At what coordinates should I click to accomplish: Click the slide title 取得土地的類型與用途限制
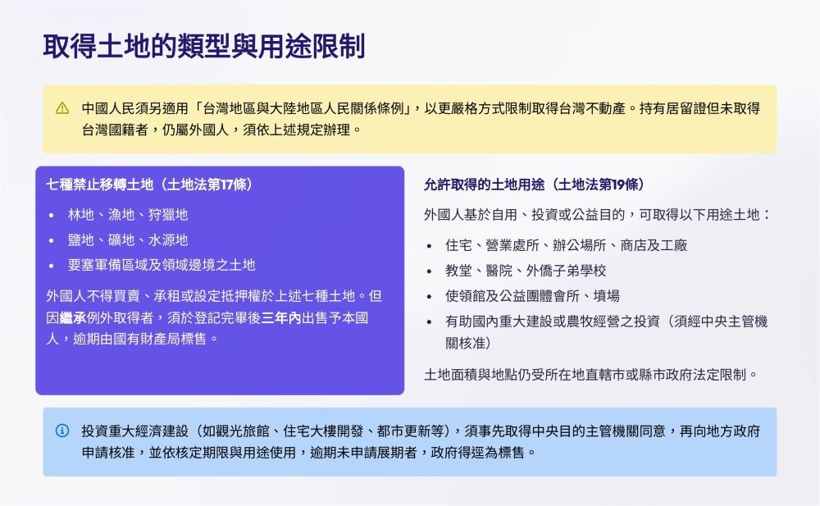[x=204, y=46]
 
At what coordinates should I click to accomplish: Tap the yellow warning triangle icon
[x=62, y=108]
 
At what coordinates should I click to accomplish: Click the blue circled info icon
[x=62, y=431]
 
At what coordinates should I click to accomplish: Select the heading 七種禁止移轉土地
[x=100, y=185]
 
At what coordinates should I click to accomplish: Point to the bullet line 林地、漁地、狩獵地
[x=128, y=215]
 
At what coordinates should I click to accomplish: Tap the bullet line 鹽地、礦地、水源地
[x=128, y=239]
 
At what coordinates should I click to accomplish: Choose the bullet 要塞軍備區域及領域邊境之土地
[x=162, y=265]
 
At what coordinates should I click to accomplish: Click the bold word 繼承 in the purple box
[x=73, y=317]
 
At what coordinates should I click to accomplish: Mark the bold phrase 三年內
[x=280, y=317]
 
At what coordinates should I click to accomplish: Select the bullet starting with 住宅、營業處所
[x=567, y=245]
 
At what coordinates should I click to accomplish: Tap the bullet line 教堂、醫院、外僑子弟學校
[x=526, y=271]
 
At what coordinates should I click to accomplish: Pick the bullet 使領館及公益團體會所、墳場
[x=532, y=296]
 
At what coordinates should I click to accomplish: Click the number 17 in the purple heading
[x=227, y=185]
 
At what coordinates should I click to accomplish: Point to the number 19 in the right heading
[x=618, y=185]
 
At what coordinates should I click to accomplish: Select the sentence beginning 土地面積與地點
[x=591, y=375]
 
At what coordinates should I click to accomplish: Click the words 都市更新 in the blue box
[x=403, y=431]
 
